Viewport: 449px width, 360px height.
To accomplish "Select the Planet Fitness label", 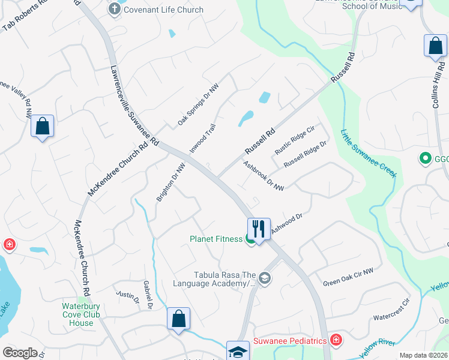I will (216, 239).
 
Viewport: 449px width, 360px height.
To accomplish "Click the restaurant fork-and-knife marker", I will (259, 229).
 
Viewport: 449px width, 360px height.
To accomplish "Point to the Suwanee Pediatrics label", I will (290, 341).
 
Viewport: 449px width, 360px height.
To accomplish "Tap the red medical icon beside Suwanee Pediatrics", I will (336, 341).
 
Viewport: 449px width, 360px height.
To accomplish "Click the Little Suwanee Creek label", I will (369, 153).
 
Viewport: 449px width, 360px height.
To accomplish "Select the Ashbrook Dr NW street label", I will (264, 175).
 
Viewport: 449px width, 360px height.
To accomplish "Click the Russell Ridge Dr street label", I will (305, 154).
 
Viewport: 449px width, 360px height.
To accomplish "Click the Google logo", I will (20, 353).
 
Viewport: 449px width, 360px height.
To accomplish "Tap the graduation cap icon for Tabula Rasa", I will (265, 278).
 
